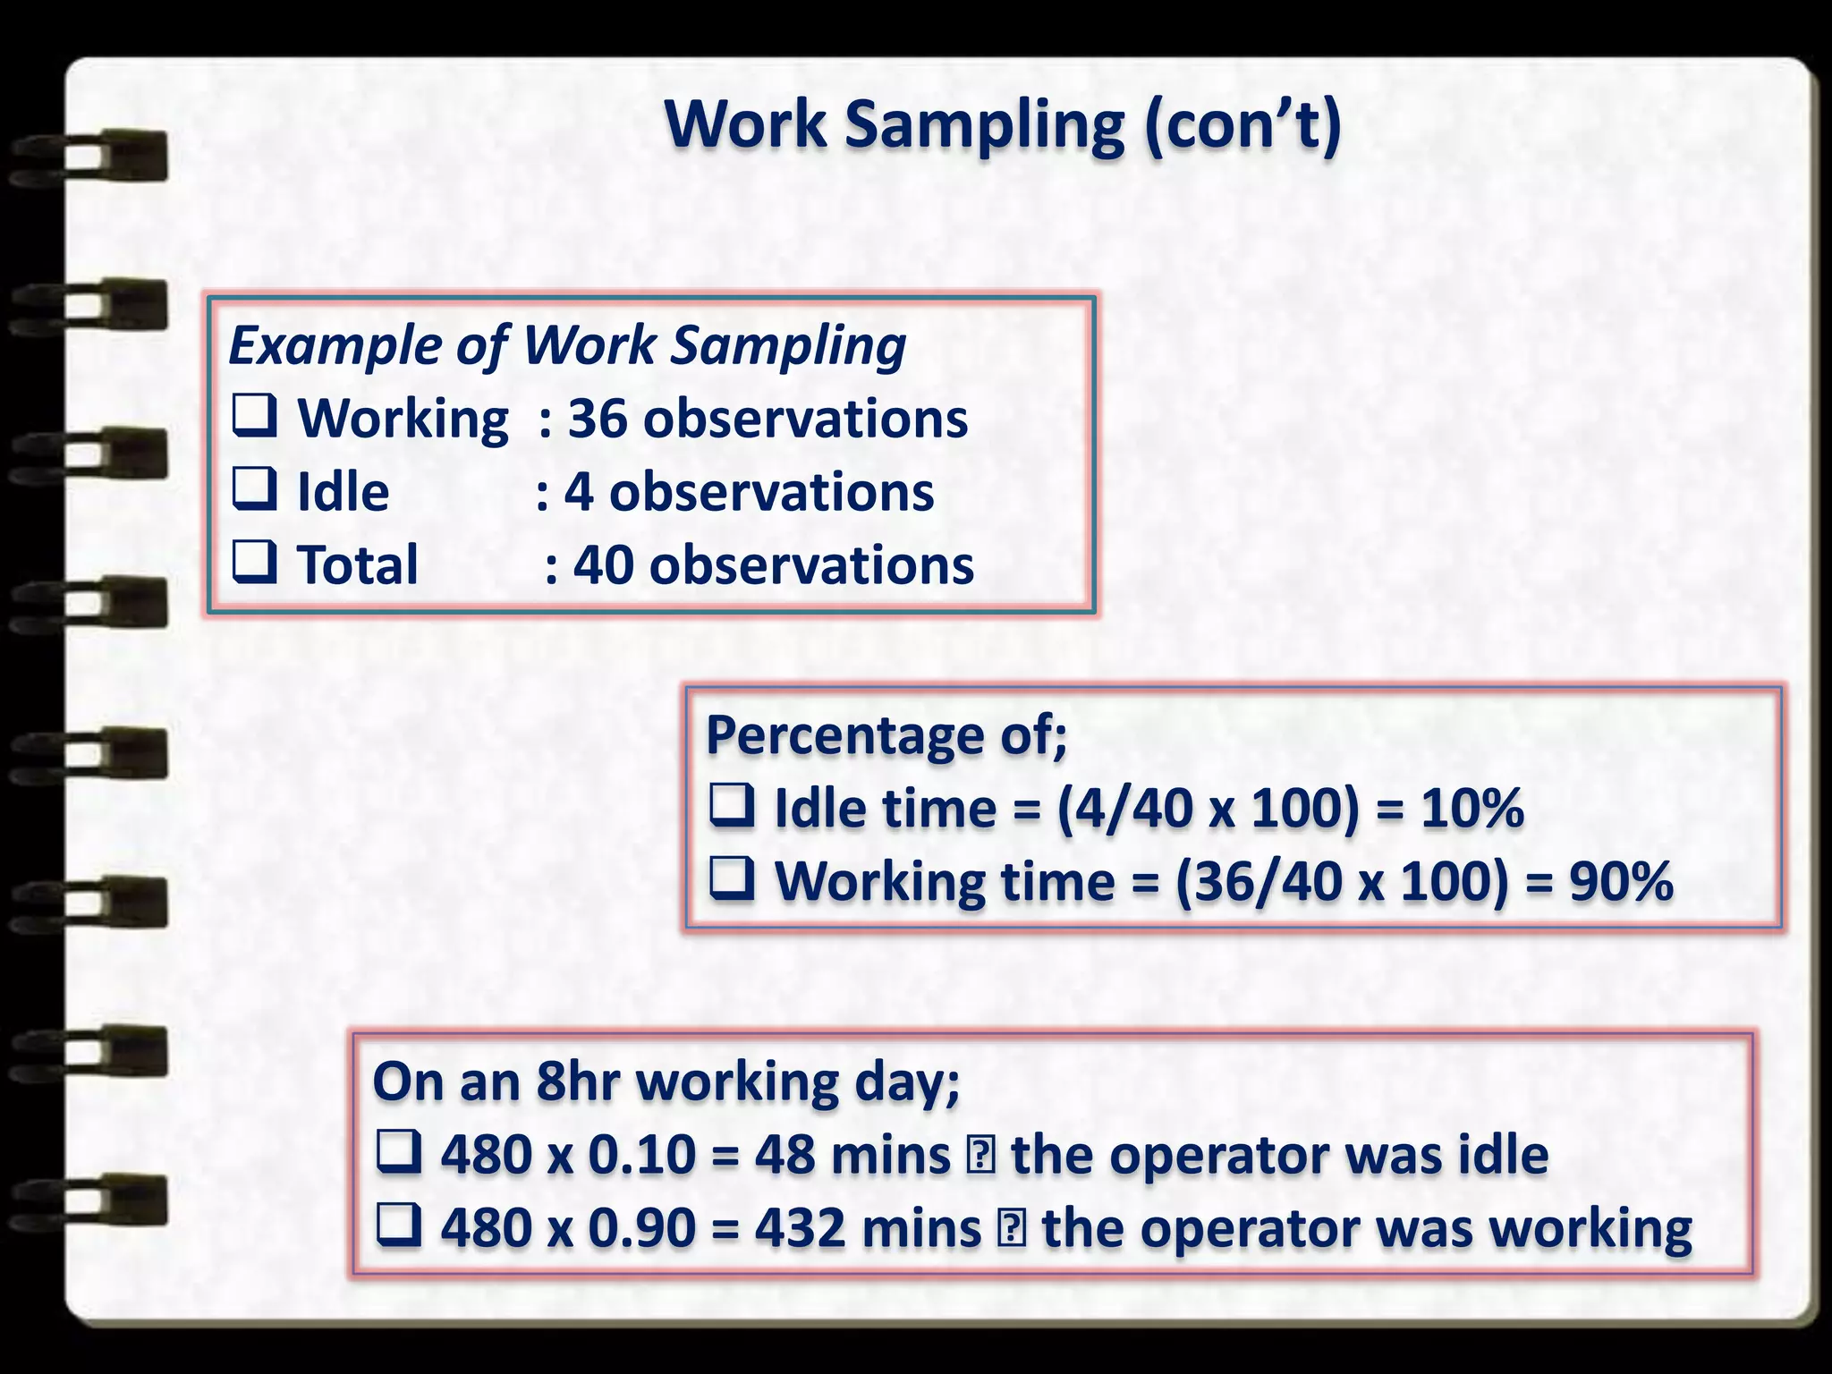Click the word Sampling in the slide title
click(x=984, y=125)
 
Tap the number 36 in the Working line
click(x=598, y=419)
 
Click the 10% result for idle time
click(x=1472, y=809)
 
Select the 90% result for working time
click(x=1621, y=882)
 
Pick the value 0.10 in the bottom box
click(x=641, y=1155)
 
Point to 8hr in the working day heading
click(x=578, y=1081)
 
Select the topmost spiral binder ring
click(x=89, y=157)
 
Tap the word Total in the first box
click(x=357, y=565)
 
